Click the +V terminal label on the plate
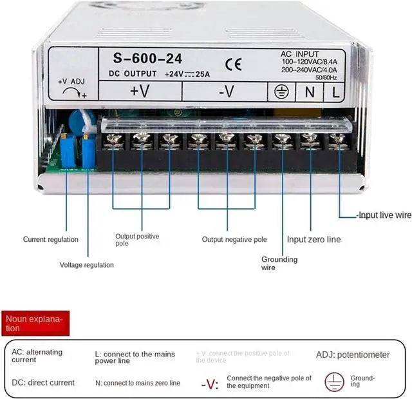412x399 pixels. coord(139,91)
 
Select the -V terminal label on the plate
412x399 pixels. coord(225,92)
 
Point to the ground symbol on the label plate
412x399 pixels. coord(280,92)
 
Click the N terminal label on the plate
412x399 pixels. coord(310,92)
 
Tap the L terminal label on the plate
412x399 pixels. coord(335,92)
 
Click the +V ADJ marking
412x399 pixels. coord(71,82)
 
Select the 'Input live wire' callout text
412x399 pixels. coord(384,216)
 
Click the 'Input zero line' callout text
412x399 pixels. coord(314,240)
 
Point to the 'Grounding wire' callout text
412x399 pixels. coord(279,263)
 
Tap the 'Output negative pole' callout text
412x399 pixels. coord(234,240)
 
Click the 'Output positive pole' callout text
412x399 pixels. coord(137,240)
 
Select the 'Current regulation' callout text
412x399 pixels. coord(51,240)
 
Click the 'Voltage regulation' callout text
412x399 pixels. coord(87,265)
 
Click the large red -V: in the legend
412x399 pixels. coord(210,385)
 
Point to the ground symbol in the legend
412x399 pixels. coord(333,380)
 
